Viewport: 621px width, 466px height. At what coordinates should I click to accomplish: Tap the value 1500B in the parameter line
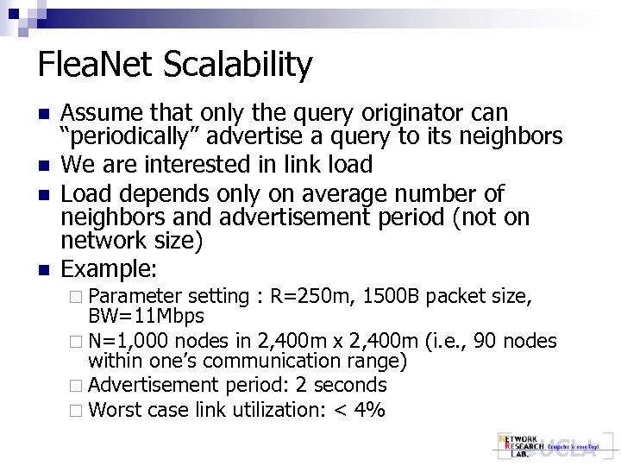tap(393, 297)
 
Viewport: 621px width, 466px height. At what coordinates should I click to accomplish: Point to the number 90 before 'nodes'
tap(495, 342)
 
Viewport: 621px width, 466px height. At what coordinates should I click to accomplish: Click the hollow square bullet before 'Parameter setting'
tap(80, 298)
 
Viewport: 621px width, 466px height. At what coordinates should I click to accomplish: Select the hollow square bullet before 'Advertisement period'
tap(80, 386)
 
